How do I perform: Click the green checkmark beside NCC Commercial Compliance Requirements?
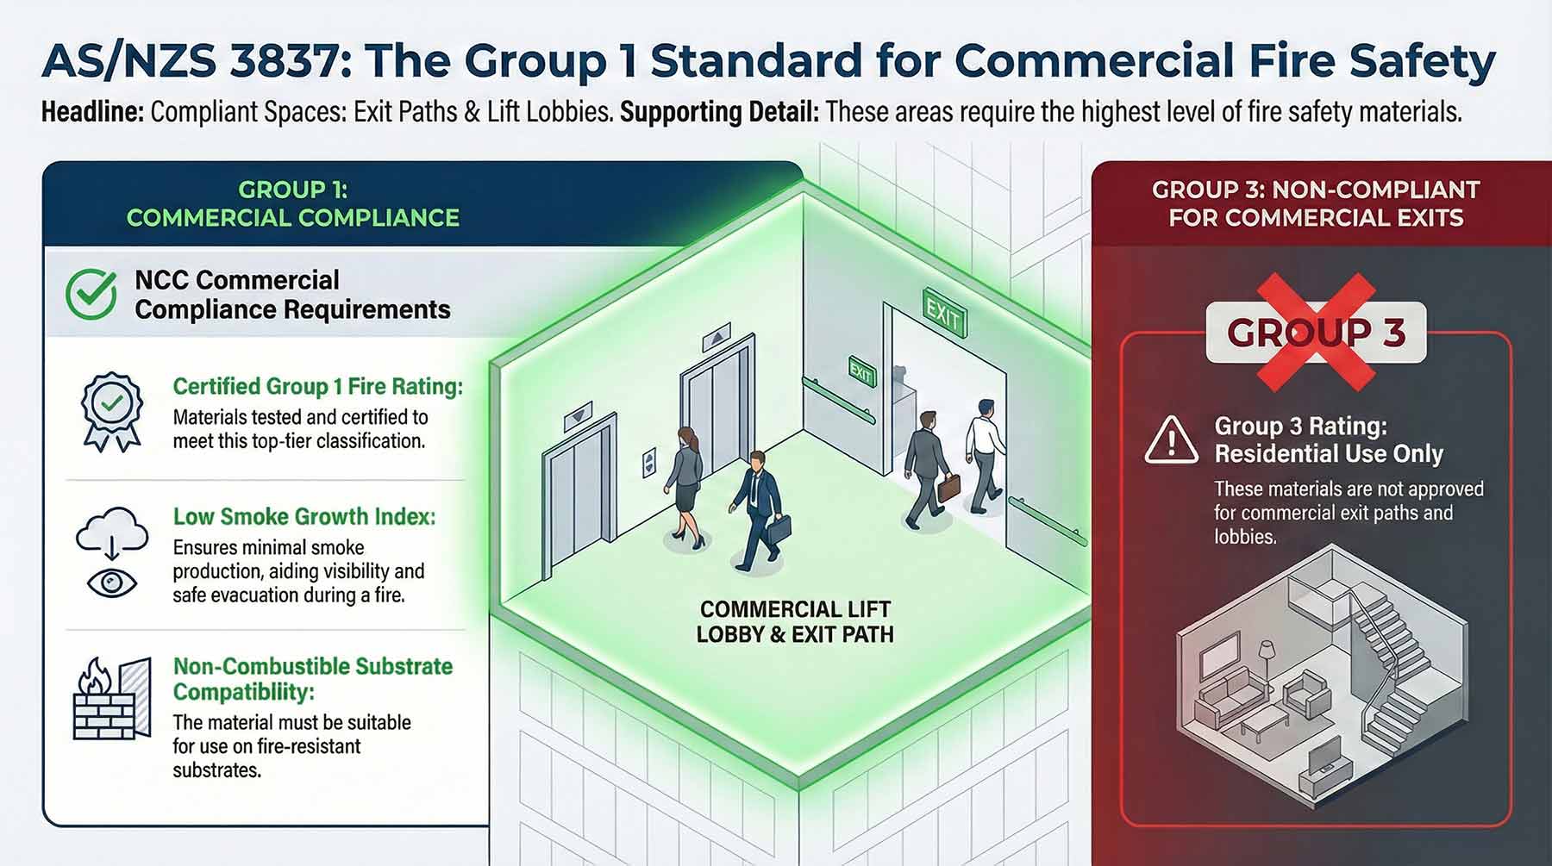tap(91, 294)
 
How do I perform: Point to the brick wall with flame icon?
tap(110, 700)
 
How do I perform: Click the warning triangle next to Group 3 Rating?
tap(1170, 439)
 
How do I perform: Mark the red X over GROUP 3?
tap(1315, 332)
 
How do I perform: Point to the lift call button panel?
tap(648, 464)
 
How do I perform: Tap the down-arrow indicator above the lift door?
tap(578, 416)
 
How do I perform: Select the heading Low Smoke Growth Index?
tap(304, 516)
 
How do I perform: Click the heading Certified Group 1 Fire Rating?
tap(317, 386)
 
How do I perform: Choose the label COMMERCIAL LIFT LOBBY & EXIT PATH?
tap(794, 622)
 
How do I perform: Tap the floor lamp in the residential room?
tap(1267, 664)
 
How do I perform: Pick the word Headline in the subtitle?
tap(92, 112)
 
